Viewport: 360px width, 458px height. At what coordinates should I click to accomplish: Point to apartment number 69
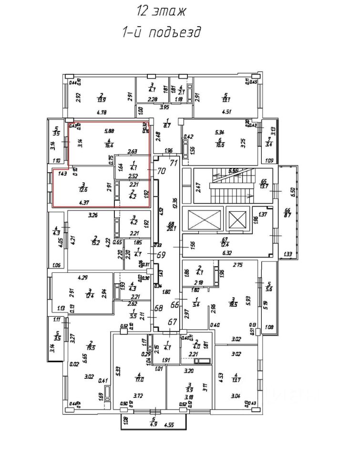click(161, 255)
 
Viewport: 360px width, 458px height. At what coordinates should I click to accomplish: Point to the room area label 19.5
click(91, 348)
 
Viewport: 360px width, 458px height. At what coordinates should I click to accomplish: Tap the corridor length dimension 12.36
click(175, 196)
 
